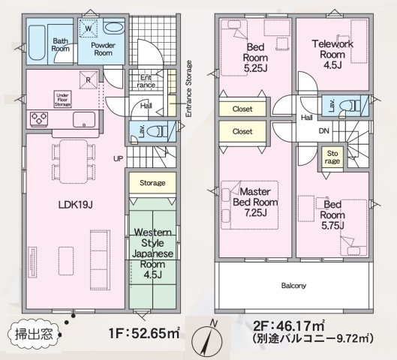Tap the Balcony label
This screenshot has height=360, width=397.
pos(293,285)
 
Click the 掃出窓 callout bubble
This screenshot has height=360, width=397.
pos(30,331)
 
